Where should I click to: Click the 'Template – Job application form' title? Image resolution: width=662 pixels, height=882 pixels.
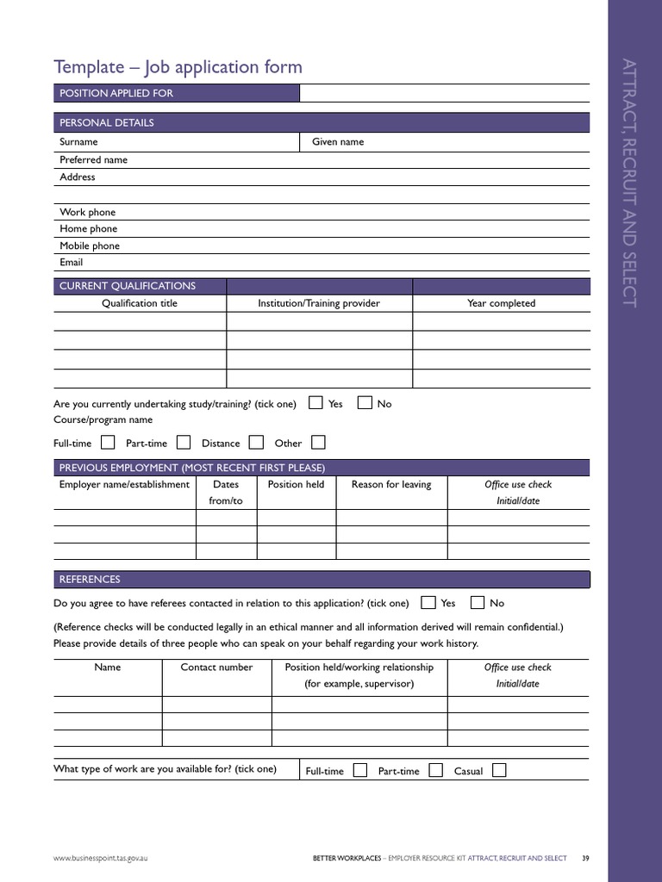pyautogui.click(x=178, y=67)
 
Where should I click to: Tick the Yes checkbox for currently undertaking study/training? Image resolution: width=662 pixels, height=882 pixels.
pyautogui.click(x=316, y=402)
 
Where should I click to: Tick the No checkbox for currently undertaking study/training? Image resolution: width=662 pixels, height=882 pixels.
pyautogui.click(x=365, y=402)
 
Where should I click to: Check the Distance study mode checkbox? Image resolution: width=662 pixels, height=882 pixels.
pyautogui.click(x=256, y=443)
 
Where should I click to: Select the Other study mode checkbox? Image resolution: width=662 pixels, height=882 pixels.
pyautogui.click(x=318, y=443)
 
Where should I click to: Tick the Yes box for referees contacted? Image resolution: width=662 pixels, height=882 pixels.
pyautogui.click(x=428, y=602)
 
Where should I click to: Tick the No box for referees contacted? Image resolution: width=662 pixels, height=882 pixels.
pyautogui.click(x=477, y=602)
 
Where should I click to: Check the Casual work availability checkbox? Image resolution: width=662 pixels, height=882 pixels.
pyautogui.click(x=499, y=770)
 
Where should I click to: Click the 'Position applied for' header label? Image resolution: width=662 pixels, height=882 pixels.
pyautogui.click(x=116, y=93)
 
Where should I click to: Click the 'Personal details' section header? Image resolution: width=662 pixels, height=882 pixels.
pyautogui.click(x=107, y=122)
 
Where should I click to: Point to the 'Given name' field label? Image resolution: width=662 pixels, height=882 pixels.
pyautogui.click(x=338, y=142)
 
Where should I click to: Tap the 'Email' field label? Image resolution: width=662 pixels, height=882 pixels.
pyautogui.click(x=72, y=262)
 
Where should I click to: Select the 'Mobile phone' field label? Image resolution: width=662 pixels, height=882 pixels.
pyautogui.click(x=90, y=245)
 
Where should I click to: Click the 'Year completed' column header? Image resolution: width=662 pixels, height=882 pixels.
pyautogui.click(x=501, y=303)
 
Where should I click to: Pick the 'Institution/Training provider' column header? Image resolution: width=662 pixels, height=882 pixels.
pyautogui.click(x=319, y=303)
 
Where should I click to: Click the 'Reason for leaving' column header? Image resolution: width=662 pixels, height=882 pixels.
pyautogui.click(x=391, y=484)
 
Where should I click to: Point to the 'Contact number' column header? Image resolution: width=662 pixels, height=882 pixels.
pyautogui.click(x=216, y=667)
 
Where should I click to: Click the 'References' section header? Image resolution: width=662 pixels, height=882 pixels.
pyautogui.click(x=90, y=579)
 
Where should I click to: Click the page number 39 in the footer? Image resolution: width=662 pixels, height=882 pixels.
pyautogui.click(x=585, y=858)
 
